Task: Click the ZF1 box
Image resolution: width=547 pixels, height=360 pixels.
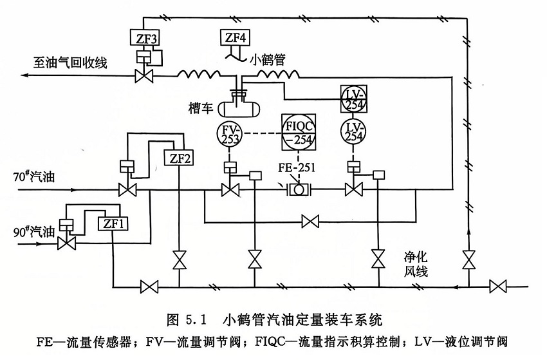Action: click(112, 223)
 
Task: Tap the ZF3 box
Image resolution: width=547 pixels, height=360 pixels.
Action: click(143, 37)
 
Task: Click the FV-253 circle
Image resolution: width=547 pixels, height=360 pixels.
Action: click(231, 133)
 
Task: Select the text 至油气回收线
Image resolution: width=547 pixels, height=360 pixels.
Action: click(70, 62)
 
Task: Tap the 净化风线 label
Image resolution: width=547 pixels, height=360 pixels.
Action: click(415, 261)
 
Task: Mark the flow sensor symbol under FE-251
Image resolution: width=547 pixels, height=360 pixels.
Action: click(298, 190)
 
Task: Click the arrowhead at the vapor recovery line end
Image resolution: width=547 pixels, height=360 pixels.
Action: click(24, 76)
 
